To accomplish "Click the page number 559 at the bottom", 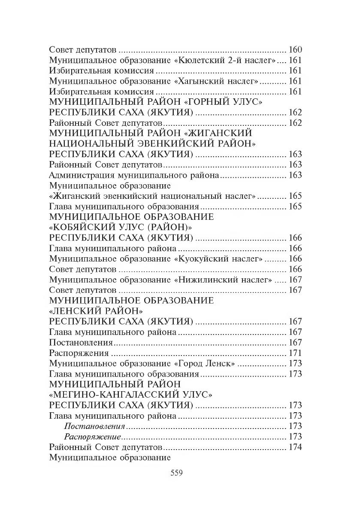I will (x=177, y=473).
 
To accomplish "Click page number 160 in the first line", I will (x=295, y=49).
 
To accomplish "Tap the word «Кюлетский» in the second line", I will (x=209, y=60).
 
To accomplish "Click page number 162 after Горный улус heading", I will (x=295, y=113).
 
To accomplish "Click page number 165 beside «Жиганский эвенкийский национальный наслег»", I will (x=295, y=196).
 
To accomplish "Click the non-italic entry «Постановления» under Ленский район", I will (x=81, y=343).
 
